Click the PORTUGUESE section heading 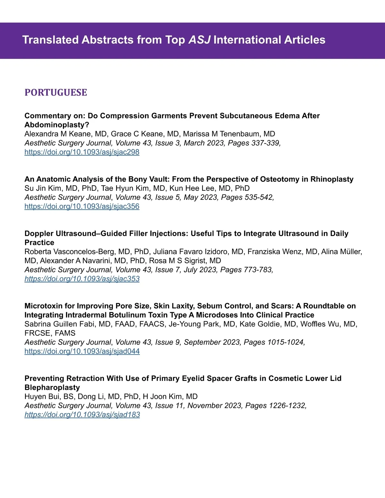click(x=56, y=92)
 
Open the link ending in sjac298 click(x=82, y=152)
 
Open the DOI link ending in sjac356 click(x=82, y=206)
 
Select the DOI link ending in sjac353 click(x=82, y=279)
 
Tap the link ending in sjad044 click(x=82, y=351)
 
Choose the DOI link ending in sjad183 click(x=82, y=415)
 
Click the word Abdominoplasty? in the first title click(x=57, y=125)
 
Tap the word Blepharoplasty click(x=52, y=387)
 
